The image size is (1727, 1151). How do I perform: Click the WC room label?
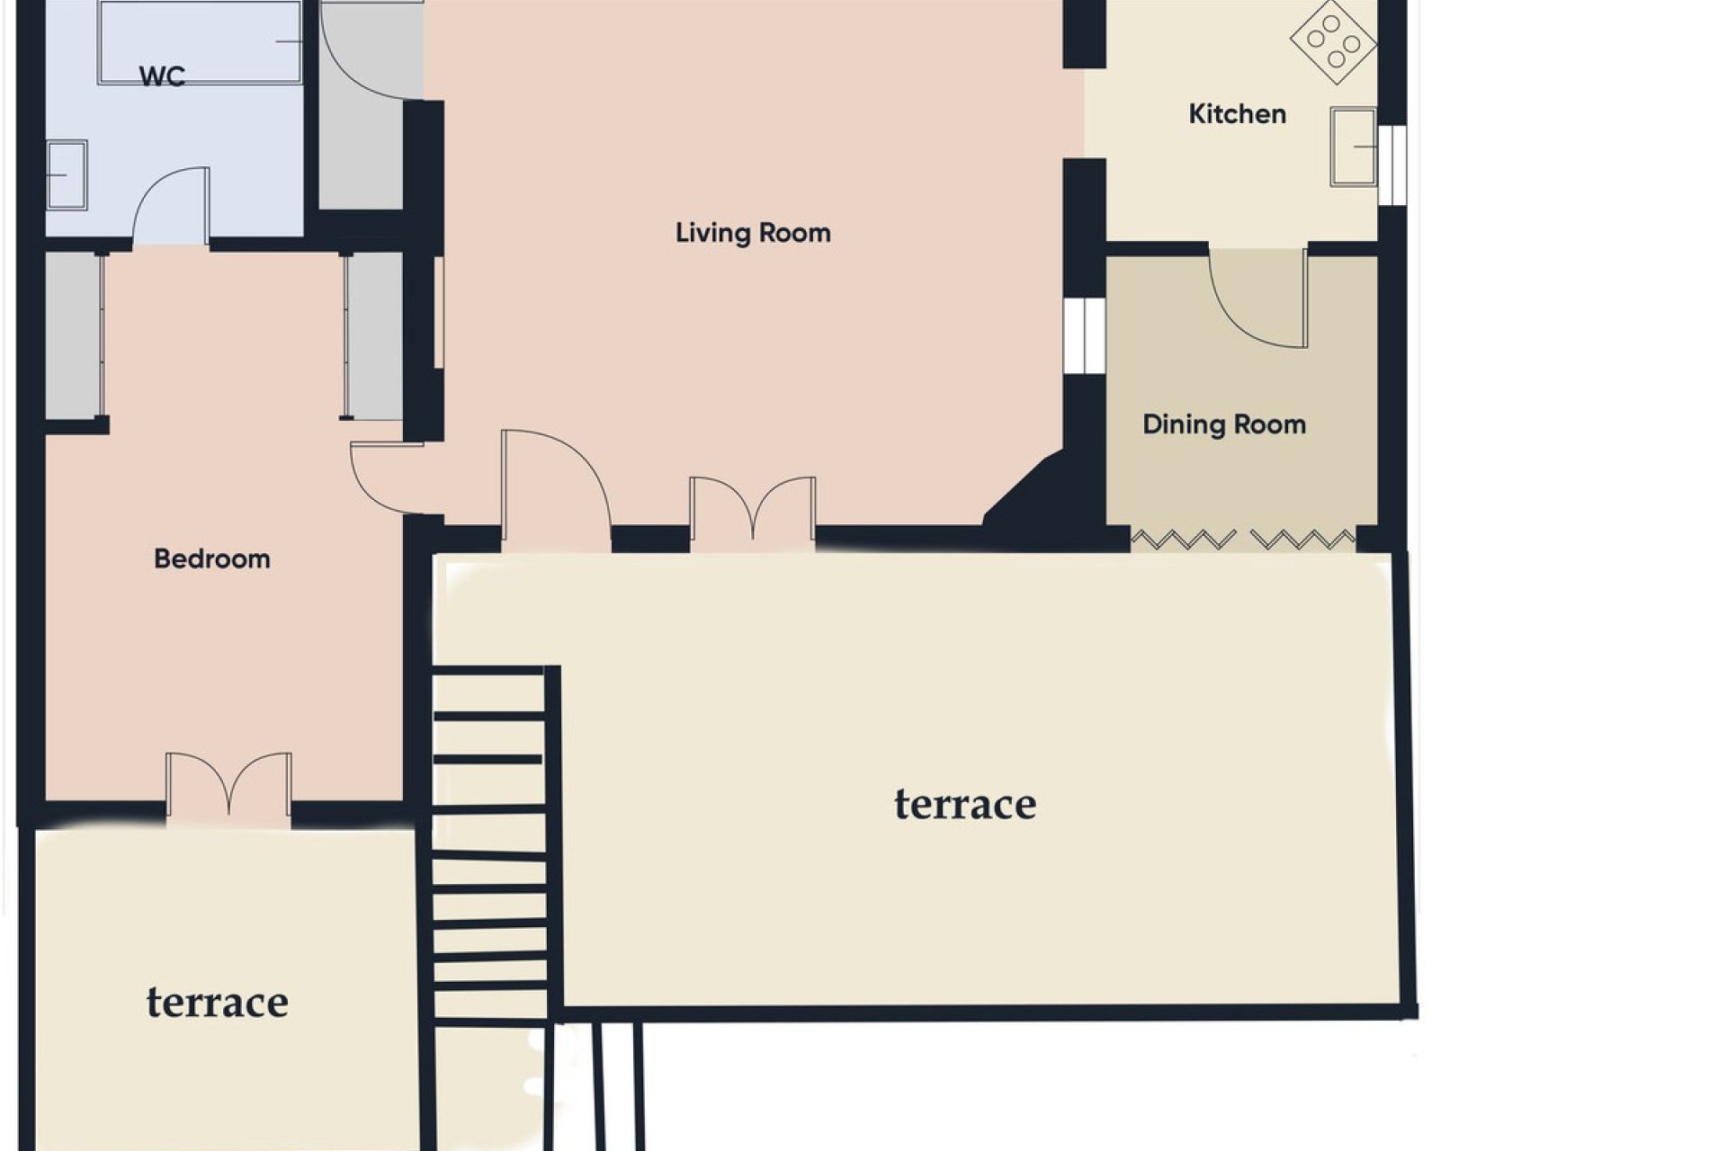[x=162, y=76]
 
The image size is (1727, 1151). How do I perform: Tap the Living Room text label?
[x=753, y=233]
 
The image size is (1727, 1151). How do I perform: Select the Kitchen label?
[x=1237, y=114]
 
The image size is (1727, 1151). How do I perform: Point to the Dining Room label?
[x=1223, y=424]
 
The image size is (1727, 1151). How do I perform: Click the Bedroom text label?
[x=212, y=559]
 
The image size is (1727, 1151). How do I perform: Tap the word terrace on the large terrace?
[x=964, y=804]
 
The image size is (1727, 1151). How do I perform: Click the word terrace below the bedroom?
[x=218, y=1002]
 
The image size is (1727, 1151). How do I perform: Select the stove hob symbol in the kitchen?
[x=1333, y=41]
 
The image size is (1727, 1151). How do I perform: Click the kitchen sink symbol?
[x=1353, y=147]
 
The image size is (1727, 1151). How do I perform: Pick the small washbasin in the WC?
[x=66, y=174]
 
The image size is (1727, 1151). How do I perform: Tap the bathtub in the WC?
[x=200, y=42]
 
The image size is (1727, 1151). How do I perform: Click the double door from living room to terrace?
[x=753, y=511]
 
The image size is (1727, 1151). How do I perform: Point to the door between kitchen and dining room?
[x=1258, y=299]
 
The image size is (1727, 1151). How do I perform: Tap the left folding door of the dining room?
[x=1183, y=540]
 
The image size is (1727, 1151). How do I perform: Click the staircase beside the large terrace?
[x=489, y=845]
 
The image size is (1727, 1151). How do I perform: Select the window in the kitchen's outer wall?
[x=1392, y=165]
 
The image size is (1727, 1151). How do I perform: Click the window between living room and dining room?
[x=1084, y=335]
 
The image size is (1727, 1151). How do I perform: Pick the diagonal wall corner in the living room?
[x=1025, y=490]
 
